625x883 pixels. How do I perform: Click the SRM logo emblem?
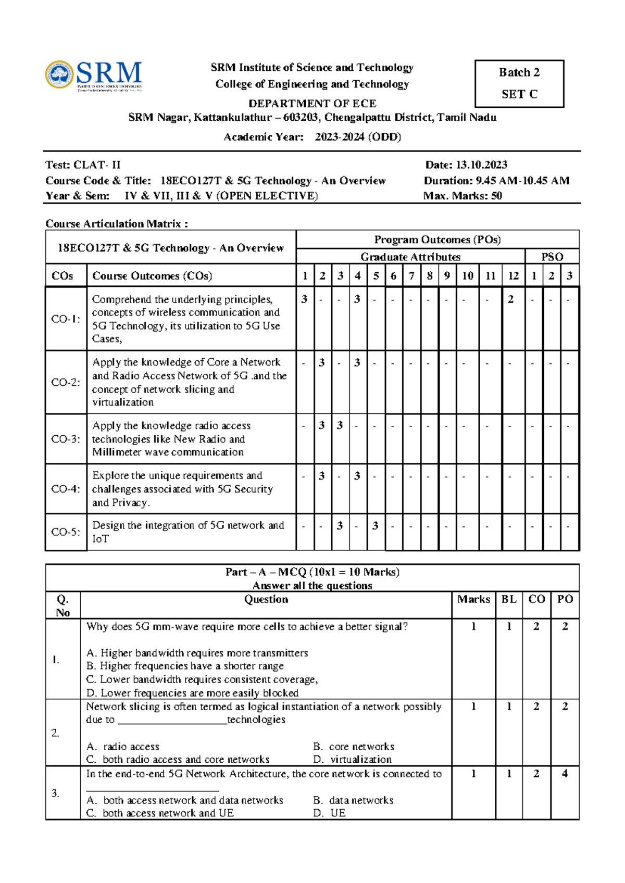59,74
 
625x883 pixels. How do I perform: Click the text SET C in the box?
519,94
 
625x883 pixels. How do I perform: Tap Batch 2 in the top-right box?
519,72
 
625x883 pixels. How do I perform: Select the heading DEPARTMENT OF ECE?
312,103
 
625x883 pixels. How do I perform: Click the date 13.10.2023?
481,165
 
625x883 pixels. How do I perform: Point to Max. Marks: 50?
463,196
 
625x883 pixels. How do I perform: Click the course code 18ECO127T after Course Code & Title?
191,181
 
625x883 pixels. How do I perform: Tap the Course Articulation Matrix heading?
117,224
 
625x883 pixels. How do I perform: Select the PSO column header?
552,257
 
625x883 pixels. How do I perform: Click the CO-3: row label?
66,439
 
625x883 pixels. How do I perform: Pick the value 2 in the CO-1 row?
511,299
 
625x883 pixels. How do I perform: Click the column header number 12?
513,276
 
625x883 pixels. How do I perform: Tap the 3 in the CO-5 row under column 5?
376,526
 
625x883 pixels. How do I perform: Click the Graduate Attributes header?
410,257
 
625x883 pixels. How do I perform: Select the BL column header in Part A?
509,599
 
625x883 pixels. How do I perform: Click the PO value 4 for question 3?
565,774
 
